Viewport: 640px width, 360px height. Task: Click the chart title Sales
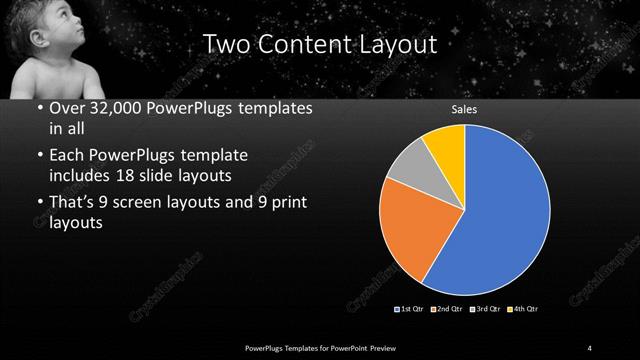[x=465, y=111]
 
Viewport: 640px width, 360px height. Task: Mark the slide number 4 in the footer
[x=590, y=346]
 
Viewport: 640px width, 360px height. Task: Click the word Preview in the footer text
[x=384, y=346]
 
